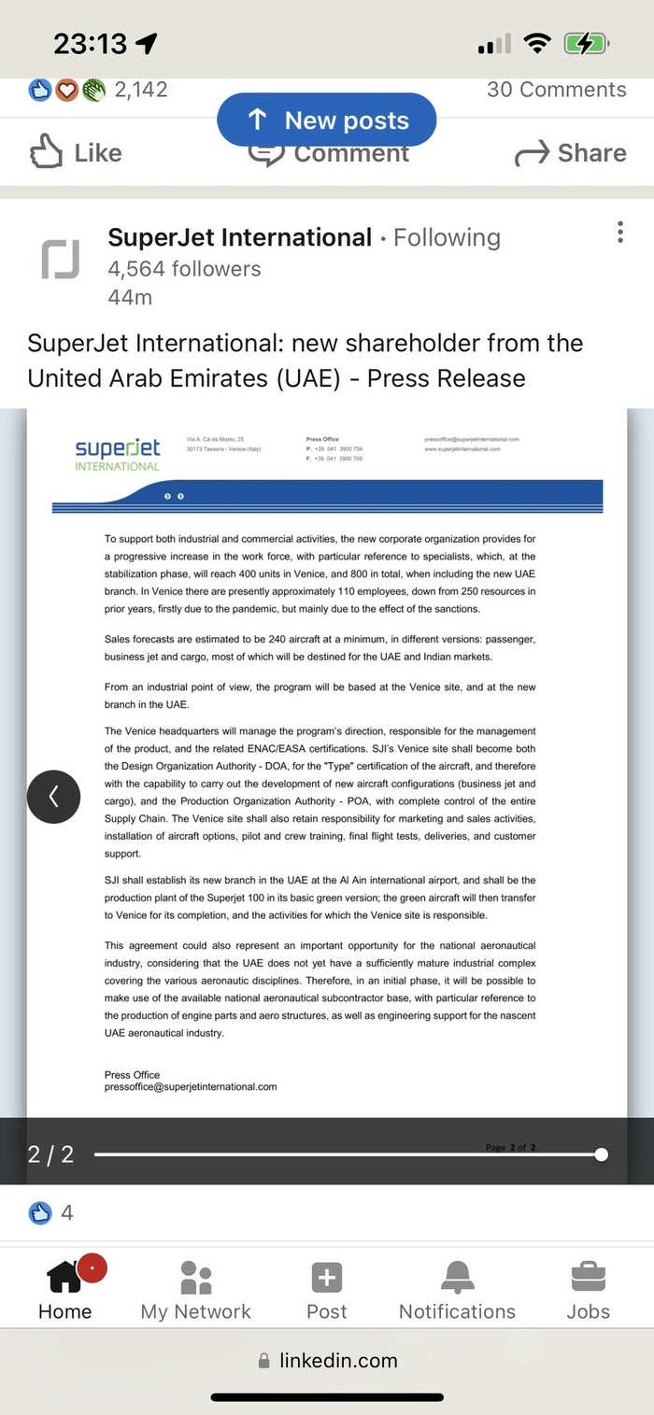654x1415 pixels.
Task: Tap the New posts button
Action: pos(327,120)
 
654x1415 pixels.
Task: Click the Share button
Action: pos(570,153)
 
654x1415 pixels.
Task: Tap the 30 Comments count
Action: pos(557,90)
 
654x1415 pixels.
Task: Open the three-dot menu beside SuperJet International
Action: pos(620,233)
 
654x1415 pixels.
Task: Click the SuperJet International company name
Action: pos(240,237)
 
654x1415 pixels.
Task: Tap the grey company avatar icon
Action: pos(60,259)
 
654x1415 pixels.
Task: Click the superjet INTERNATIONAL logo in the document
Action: pos(118,454)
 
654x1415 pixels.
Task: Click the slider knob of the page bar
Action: pos(601,1154)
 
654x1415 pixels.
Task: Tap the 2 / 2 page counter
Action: pos(51,1154)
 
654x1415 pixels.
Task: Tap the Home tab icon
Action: pos(64,1277)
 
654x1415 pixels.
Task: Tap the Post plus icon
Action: pos(326,1277)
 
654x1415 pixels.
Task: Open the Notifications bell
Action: pos(458,1277)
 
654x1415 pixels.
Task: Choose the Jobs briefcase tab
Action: pos(588,1277)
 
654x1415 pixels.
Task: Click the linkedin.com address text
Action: pos(338,1360)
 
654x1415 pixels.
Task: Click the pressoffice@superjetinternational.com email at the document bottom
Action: pos(191,1087)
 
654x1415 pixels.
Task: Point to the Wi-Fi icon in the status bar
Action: pos(537,43)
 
